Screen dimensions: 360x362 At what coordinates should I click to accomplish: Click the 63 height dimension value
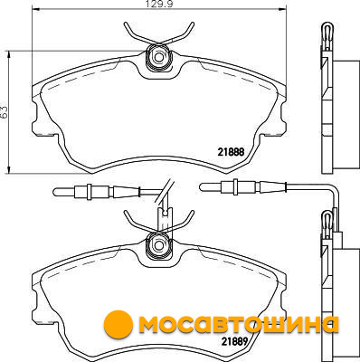click(x=5, y=112)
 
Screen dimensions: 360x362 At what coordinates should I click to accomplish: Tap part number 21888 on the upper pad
click(x=231, y=152)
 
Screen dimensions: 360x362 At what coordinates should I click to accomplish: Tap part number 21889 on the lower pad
click(x=234, y=341)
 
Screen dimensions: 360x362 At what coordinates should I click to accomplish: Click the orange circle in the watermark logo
click(x=118, y=325)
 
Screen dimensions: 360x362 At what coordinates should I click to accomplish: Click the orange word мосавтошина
click(x=238, y=325)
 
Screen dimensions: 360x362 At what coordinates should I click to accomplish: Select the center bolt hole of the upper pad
click(x=157, y=56)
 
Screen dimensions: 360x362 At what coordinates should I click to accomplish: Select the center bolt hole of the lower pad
click(x=157, y=244)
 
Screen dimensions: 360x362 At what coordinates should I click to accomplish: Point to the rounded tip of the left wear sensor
click(x=56, y=192)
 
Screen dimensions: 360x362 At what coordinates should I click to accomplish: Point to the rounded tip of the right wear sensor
click(x=203, y=187)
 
